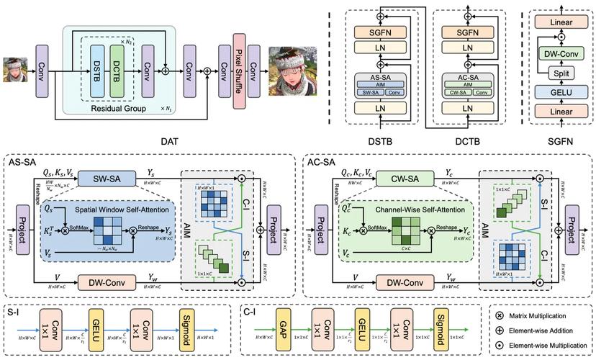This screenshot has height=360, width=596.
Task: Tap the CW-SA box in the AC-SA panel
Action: (x=400, y=176)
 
